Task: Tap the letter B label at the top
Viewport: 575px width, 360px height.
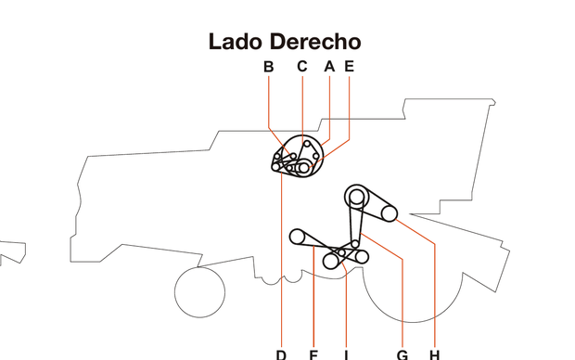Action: coord(269,67)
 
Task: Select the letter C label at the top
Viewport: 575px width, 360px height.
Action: coord(301,67)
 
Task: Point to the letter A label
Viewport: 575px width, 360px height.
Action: coord(329,67)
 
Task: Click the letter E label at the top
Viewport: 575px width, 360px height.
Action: coord(349,67)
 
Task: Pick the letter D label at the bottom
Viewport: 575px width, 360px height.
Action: coord(281,354)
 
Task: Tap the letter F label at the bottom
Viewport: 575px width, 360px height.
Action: coord(313,354)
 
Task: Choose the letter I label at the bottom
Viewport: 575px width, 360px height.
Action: coord(345,354)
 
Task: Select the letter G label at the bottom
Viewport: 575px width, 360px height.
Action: coord(402,354)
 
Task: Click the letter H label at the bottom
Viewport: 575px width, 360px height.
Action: coord(434,354)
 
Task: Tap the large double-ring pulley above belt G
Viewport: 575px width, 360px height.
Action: coord(356,196)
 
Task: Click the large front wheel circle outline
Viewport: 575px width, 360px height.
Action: coord(199,291)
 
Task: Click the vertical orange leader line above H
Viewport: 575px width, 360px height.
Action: coord(434,297)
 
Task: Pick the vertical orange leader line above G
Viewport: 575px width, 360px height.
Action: coord(402,306)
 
